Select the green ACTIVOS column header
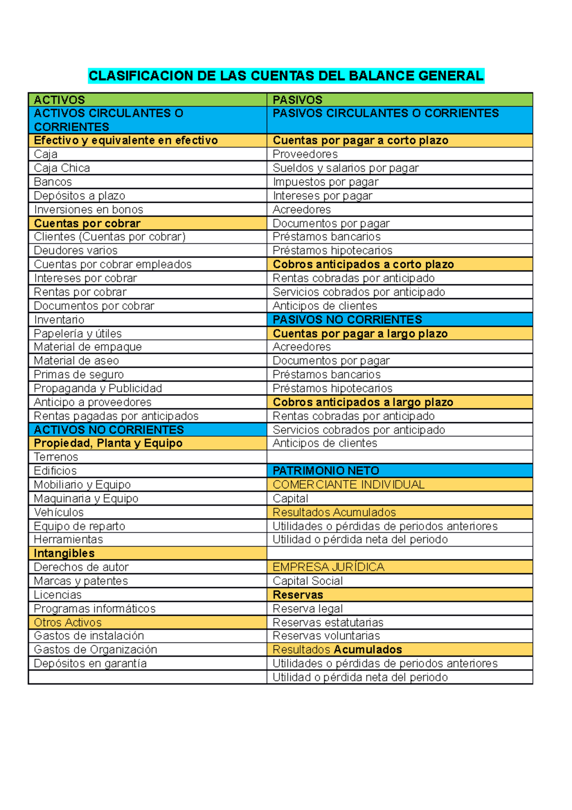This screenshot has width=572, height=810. [60, 100]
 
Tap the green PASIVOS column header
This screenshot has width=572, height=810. [297, 100]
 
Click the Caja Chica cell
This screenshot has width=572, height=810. [62, 168]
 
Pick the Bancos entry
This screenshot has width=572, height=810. [53, 182]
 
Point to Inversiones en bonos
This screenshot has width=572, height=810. [88, 209]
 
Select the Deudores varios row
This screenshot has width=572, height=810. [75, 250]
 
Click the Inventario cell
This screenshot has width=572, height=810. [59, 320]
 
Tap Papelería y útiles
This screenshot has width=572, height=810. [78, 333]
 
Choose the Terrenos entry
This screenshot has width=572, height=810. [56, 457]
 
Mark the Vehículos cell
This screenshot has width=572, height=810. [59, 512]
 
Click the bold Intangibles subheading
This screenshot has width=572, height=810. [64, 553]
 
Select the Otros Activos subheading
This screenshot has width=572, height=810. [68, 623]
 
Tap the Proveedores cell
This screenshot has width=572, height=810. [305, 154]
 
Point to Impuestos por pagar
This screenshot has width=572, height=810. [326, 182]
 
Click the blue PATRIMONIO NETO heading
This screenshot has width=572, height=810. [326, 471]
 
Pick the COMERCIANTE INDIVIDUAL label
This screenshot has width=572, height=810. [348, 485]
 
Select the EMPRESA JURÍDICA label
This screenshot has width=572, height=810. [328, 567]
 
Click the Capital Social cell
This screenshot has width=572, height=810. [307, 581]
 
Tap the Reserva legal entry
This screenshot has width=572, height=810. [307, 609]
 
